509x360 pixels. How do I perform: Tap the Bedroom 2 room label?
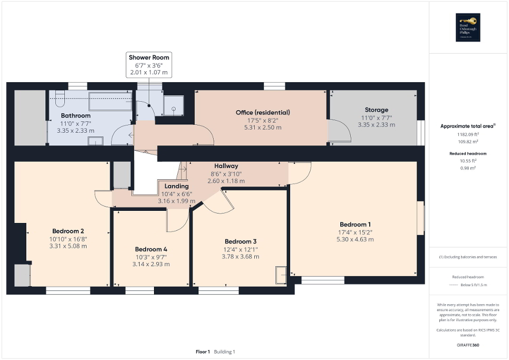[68, 231]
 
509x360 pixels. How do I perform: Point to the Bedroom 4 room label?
[151, 249]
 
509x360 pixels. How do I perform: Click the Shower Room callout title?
[149, 57]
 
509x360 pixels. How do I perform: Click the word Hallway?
[226, 166]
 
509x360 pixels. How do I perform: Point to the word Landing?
[176, 186]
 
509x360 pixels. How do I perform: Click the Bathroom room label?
[75, 115]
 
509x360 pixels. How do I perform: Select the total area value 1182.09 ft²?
[468, 134]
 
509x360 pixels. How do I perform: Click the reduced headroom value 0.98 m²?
[468, 168]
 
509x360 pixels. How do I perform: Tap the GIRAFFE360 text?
[468, 345]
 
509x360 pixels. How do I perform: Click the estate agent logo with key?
[468, 27]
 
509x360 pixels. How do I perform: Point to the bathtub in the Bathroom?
[110, 101]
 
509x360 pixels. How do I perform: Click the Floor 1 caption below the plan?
[203, 352]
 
